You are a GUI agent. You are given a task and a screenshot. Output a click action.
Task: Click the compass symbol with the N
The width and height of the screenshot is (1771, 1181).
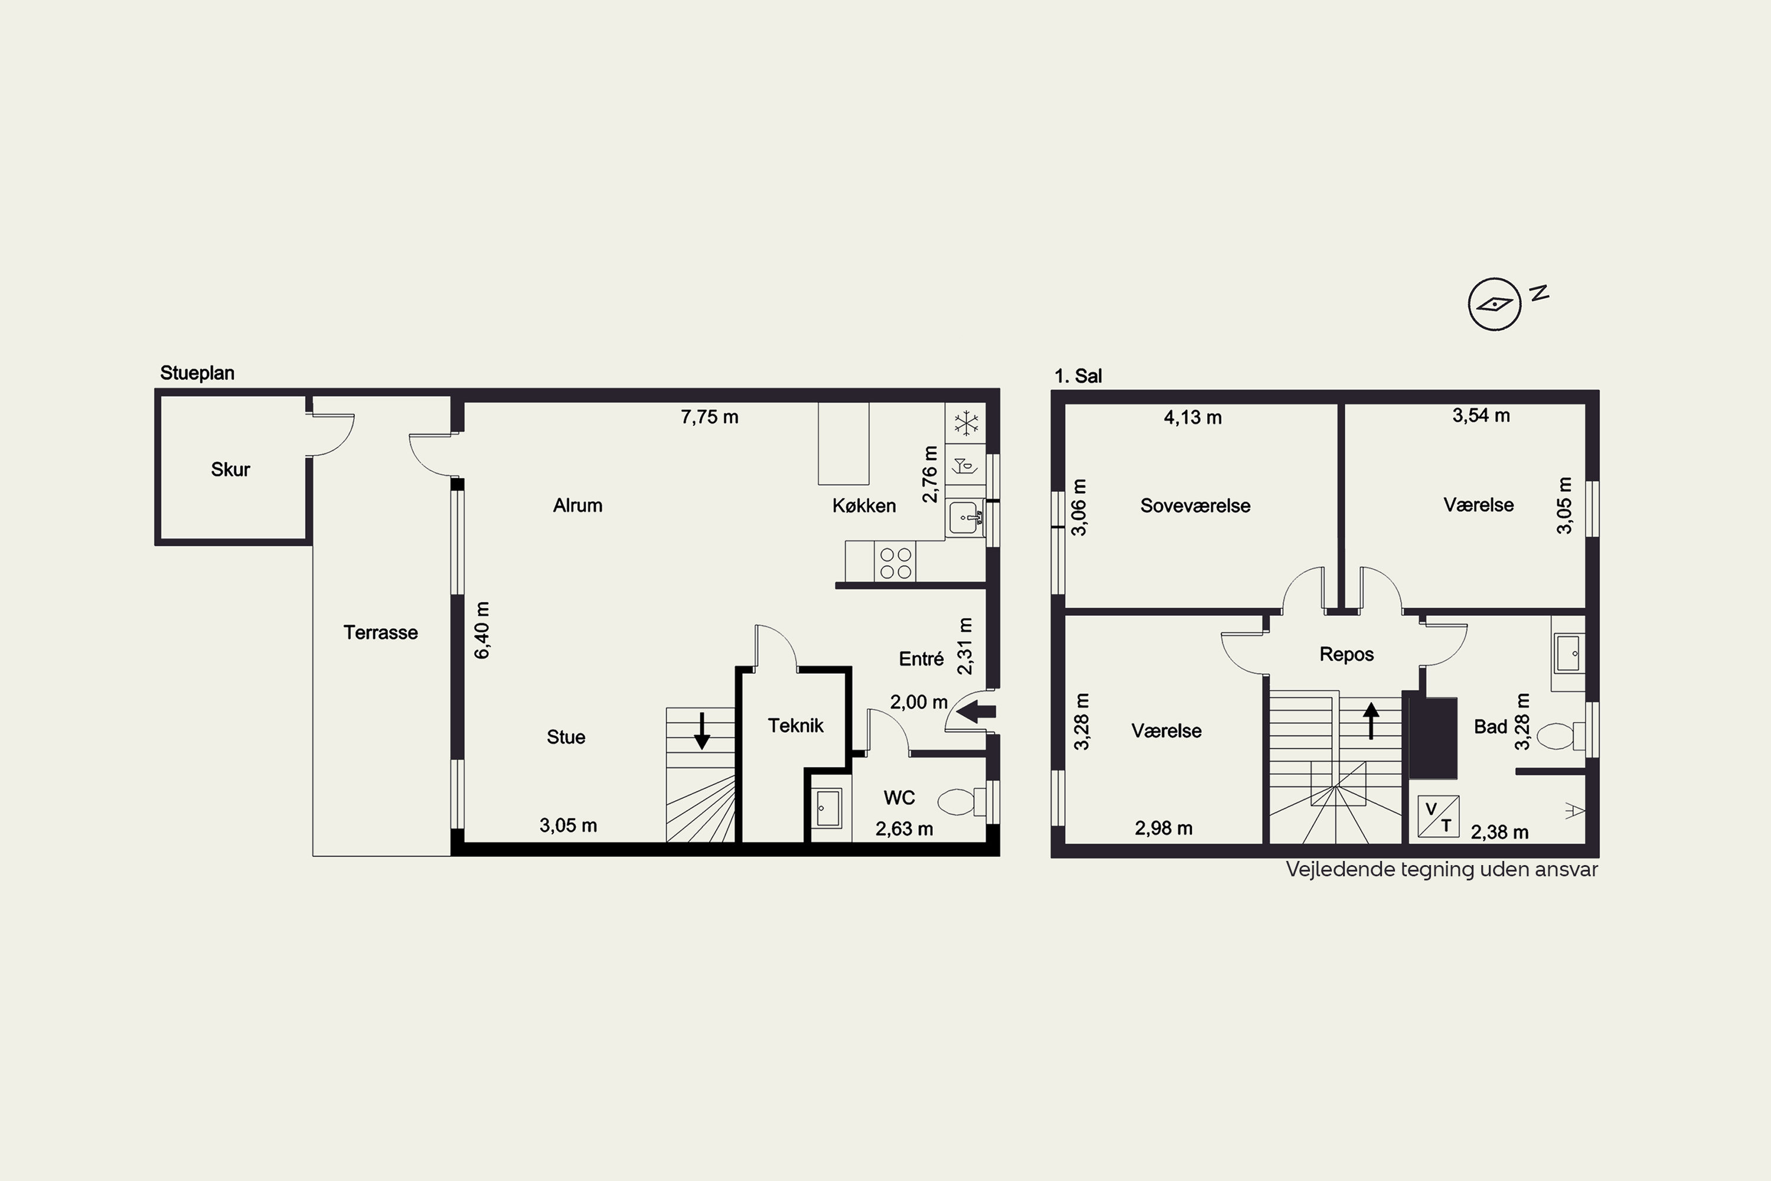click(x=1495, y=304)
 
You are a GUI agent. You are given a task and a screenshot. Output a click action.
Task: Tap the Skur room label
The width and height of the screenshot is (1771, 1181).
click(x=230, y=469)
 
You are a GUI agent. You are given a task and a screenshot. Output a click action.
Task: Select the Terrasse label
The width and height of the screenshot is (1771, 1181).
click(x=380, y=632)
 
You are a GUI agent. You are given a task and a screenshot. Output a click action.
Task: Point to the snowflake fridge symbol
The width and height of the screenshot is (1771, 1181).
click(x=966, y=423)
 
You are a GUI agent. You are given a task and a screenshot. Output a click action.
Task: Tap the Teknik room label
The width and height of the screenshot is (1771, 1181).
click(x=796, y=725)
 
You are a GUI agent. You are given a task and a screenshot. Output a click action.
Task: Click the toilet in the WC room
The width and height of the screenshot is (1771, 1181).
click(x=962, y=802)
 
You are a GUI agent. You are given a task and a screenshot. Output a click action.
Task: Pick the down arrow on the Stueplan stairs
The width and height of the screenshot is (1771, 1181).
click(x=702, y=730)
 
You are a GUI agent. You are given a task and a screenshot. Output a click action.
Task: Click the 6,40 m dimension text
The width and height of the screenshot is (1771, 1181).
click(x=483, y=631)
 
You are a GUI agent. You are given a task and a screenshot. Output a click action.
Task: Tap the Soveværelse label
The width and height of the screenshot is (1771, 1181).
click(x=1195, y=505)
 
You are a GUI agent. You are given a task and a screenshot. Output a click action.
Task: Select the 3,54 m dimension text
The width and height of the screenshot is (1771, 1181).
click(x=1481, y=415)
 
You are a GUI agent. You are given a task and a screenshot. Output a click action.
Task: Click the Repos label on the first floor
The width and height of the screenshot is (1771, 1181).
click(x=1347, y=654)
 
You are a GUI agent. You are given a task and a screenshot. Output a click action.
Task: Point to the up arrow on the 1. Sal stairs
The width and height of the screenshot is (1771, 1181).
click(x=1371, y=720)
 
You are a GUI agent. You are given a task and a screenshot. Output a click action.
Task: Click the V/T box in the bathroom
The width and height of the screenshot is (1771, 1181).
click(x=1438, y=817)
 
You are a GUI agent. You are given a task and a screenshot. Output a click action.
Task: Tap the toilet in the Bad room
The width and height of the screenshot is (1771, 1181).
click(x=1560, y=736)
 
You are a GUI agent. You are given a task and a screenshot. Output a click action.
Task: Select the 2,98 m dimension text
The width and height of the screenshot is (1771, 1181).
click(x=1164, y=828)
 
